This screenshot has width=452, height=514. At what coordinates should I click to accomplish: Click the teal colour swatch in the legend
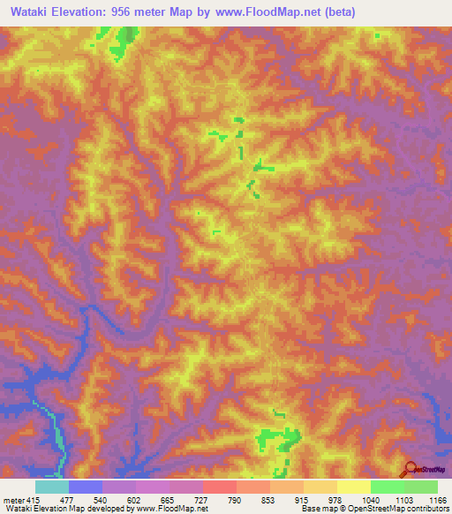pyautogui.click(x=51, y=487)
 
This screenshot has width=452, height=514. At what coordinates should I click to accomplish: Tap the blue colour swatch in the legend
pyautogui.click(x=85, y=487)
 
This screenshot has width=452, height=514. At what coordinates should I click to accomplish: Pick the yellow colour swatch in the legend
pyautogui.click(x=353, y=487)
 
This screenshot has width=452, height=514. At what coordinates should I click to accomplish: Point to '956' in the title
pyautogui.click(x=139, y=11)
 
